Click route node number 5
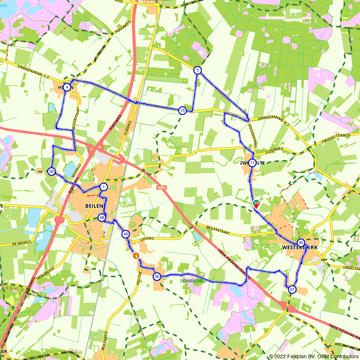click(x=197, y=70)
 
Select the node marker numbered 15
click(x=183, y=111)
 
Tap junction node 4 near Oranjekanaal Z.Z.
click(x=67, y=87)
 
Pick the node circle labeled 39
click(x=51, y=171)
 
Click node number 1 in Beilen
click(x=104, y=187)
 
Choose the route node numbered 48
click(x=102, y=217)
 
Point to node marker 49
click(x=125, y=234)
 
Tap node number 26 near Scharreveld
click(x=157, y=276)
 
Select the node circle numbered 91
click(x=292, y=289)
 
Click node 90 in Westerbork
click(x=301, y=243)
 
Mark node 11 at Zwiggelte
click(x=252, y=163)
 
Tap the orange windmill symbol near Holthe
click(x=136, y=256)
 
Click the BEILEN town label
click(x=94, y=206)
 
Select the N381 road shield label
click(x=162, y=188)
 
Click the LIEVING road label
click(x=148, y=238)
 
